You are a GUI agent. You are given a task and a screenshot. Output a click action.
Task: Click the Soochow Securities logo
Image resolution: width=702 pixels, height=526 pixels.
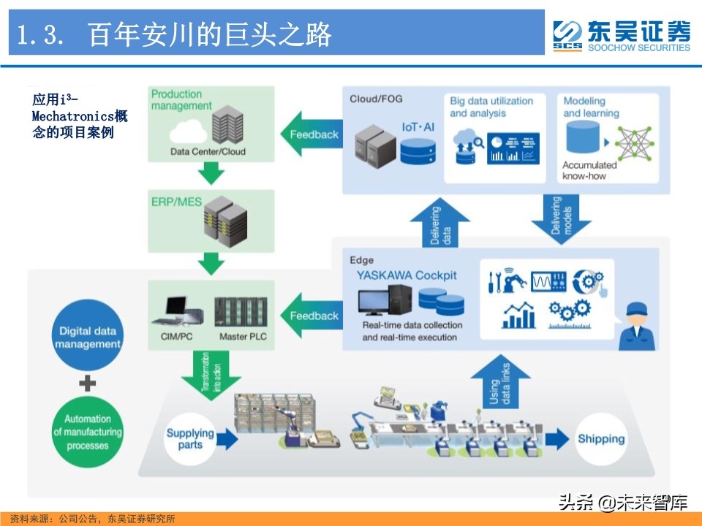click(x=622, y=34)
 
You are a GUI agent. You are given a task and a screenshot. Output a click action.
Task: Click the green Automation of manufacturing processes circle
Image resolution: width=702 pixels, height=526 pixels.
click(x=88, y=431)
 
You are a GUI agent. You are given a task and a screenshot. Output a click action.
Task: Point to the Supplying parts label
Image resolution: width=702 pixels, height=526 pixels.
click(x=190, y=438)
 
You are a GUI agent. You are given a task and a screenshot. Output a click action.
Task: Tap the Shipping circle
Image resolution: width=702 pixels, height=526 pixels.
click(x=601, y=438)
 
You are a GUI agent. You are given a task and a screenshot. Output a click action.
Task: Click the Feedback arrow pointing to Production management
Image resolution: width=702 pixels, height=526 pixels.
click(x=311, y=134)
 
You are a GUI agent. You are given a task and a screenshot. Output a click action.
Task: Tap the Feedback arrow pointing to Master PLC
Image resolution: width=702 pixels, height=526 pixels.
click(x=311, y=316)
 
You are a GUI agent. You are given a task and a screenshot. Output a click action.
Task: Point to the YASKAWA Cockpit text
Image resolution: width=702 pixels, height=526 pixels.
click(x=407, y=275)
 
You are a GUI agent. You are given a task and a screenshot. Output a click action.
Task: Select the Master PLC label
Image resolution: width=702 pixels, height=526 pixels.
click(x=244, y=337)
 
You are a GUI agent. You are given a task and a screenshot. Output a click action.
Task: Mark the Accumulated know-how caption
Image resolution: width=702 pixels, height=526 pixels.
click(x=589, y=170)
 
